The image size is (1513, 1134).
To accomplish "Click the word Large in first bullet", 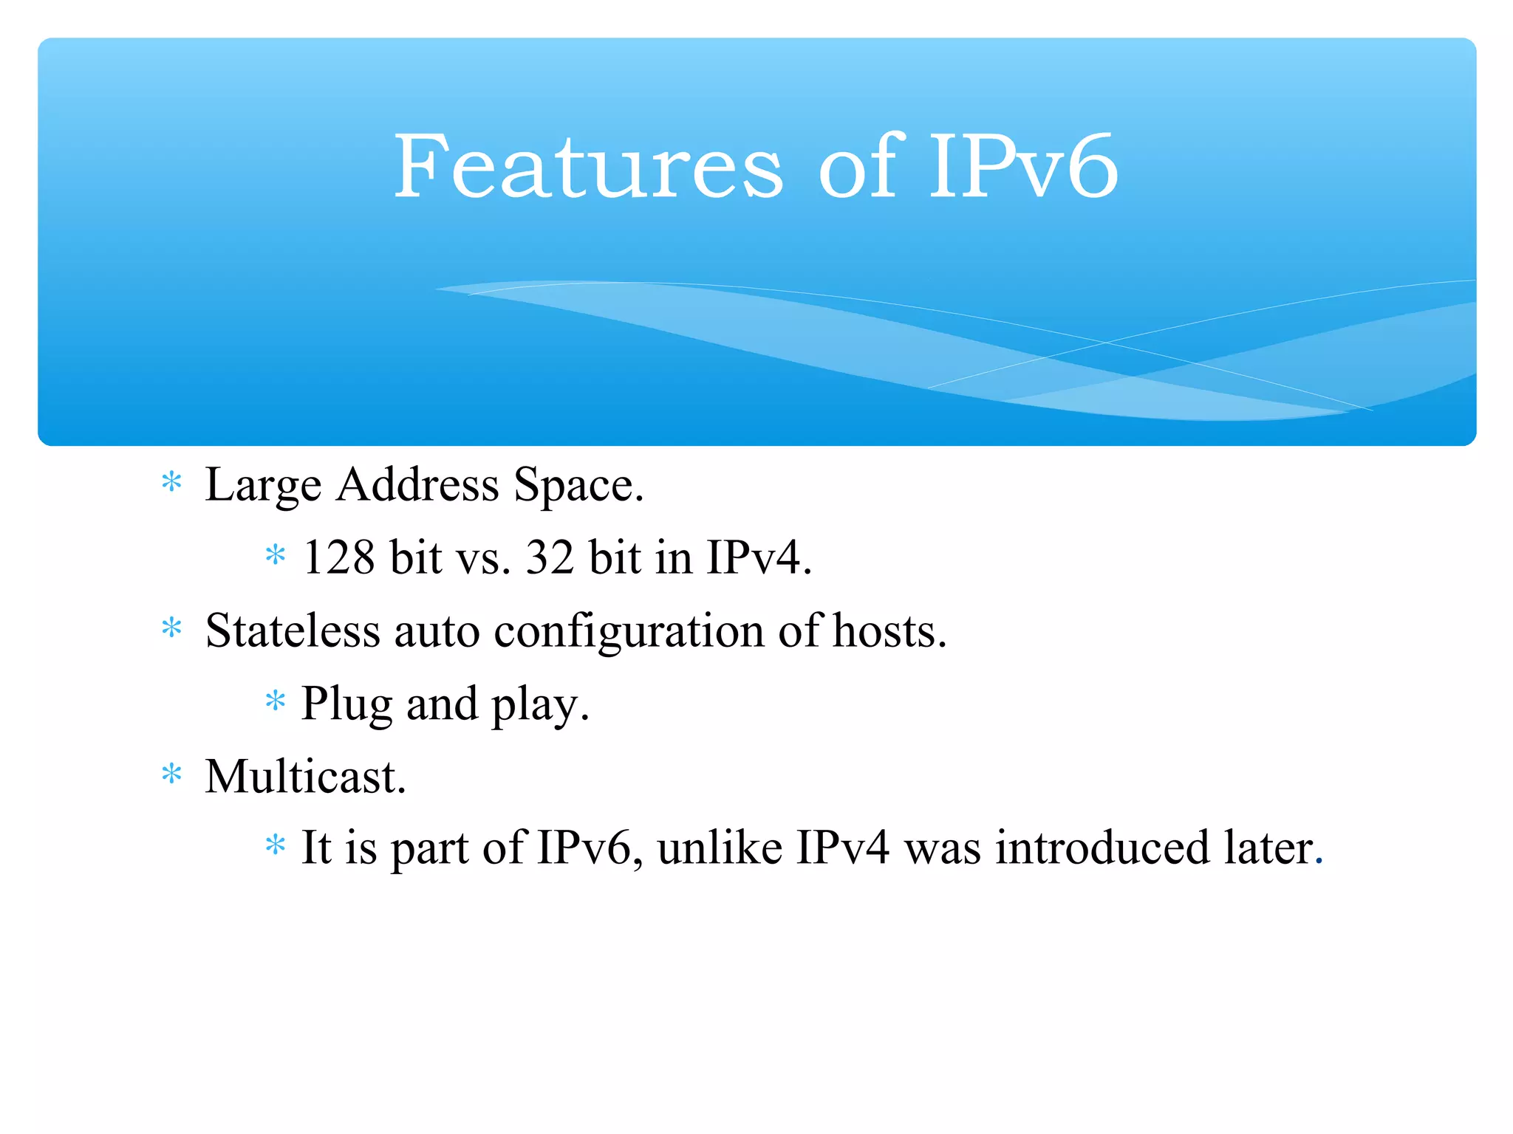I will pyautogui.click(x=263, y=486).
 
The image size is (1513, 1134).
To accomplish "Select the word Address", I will pyautogui.click(x=417, y=486).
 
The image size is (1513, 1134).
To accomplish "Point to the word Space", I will pyautogui.click(x=578, y=486).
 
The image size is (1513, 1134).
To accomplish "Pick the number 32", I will pyautogui.click(x=550, y=557).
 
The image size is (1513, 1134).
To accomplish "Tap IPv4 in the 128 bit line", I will pyautogui.click(x=757, y=557).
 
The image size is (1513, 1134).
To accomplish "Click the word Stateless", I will pyautogui.click(x=293, y=631).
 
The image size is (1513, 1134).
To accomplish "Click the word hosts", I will pyautogui.click(x=888, y=631).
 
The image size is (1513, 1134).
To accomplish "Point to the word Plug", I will pyautogui.click(x=346, y=704).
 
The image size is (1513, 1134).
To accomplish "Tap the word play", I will pyautogui.click(x=539, y=704).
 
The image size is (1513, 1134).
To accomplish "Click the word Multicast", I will pyautogui.click(x=305, y=777).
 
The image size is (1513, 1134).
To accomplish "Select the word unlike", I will pyautogui.click(x=720, y=848).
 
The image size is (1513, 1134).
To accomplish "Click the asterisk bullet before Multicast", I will pyautogui.click(x=171, y=774).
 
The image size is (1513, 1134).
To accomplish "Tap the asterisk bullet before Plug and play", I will pyautogui.click(x=275, y=701).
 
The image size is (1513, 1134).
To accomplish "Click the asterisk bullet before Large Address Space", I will pyautogui.click(x=171, y=482).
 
